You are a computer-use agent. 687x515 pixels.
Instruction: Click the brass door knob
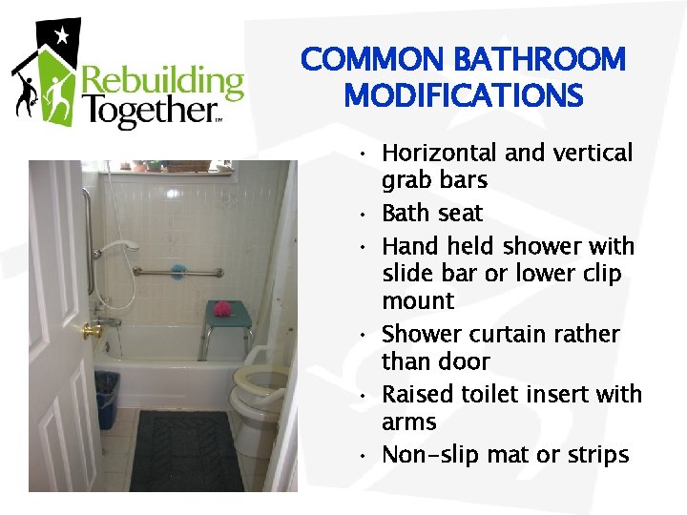coord(92,331)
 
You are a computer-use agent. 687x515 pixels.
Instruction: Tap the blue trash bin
coord(107,399)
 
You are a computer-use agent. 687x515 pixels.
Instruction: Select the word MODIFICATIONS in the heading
coord(464,95)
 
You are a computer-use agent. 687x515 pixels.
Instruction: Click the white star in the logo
coord(63,37)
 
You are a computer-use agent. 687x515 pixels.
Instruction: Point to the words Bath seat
coord(432,213)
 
